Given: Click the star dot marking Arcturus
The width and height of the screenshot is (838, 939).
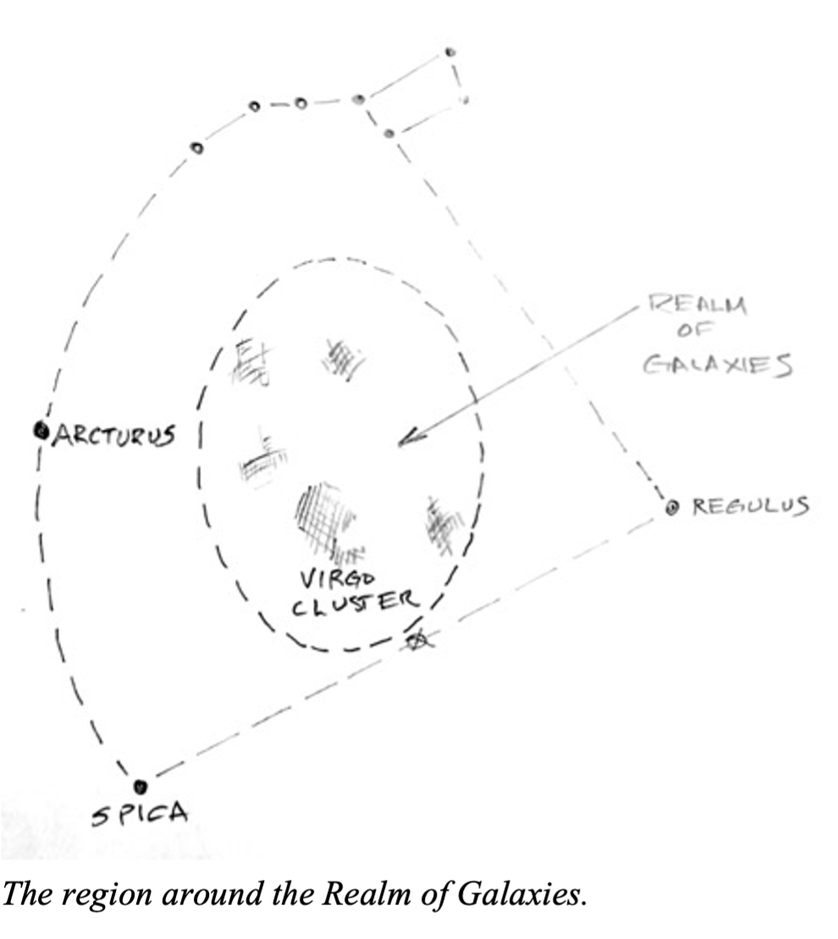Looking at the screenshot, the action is tap(40, 431).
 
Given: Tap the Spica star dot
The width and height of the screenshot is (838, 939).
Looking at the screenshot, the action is tap(141, 787).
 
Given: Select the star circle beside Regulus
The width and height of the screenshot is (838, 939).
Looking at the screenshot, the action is tap(673, 508).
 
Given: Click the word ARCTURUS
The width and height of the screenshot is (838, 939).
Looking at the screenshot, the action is tap(114, 436).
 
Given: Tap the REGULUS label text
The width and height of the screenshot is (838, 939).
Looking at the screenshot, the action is tap(751, 507).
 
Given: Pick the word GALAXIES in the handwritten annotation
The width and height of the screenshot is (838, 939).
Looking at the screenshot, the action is tap(719, 364).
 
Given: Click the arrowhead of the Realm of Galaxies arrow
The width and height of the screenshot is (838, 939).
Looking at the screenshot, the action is tap(404, 440).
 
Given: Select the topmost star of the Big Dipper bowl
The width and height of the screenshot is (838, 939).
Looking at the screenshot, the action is tap(450, 52).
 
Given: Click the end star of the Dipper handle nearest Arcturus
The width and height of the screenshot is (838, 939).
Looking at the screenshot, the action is tap(196, 148).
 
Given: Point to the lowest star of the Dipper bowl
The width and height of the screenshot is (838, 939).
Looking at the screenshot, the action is tap(389, 133).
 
